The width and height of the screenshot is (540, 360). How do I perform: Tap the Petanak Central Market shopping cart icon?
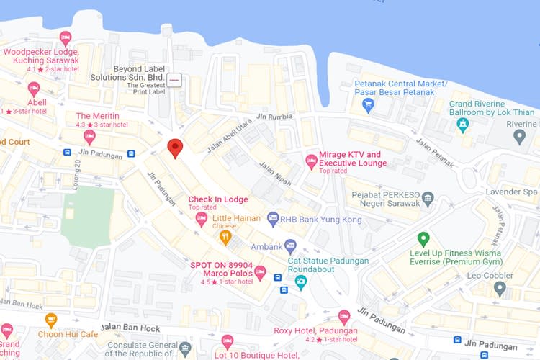(x=368, y=105)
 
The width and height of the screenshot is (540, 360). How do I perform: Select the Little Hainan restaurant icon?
(x=225, y=235)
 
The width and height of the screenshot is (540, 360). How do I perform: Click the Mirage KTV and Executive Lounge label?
(x=353, y=158)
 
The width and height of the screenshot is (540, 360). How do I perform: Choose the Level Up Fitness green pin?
(x=423, y=239)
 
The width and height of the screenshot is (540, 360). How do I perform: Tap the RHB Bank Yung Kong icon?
(x=273, y=218)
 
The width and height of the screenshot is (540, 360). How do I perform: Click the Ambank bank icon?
(x=290, y=246)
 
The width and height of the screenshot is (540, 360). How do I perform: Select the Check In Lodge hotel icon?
(x=201, y=217)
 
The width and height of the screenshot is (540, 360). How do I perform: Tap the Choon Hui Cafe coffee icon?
(x=50, y=319)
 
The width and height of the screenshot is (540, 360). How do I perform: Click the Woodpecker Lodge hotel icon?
(x=66, y=38)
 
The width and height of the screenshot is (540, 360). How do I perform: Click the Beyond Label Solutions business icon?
(x=174, y=79)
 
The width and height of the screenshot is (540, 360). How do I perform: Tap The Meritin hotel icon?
(x=89, y=136)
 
